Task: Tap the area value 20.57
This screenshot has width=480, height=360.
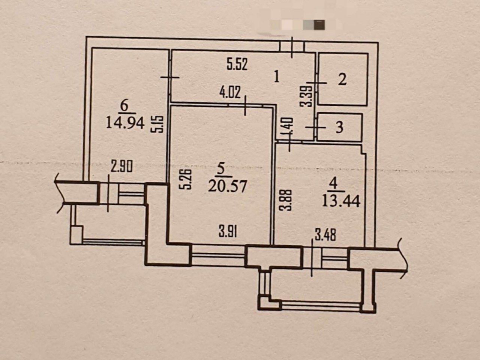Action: tap(227, 186)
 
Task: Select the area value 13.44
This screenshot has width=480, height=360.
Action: tap(341, 201)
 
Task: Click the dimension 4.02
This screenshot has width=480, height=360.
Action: tap(230, 92)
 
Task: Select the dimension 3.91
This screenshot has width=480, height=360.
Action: tap(228, 232)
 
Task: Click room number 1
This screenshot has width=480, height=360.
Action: tap(277, 77)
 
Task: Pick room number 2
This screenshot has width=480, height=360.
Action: tap(342, 79)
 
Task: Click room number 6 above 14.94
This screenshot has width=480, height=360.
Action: tap(124, 107)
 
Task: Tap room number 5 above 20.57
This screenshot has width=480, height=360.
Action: tap(221, 169)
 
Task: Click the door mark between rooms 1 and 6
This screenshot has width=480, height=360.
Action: tap(170, 77)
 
